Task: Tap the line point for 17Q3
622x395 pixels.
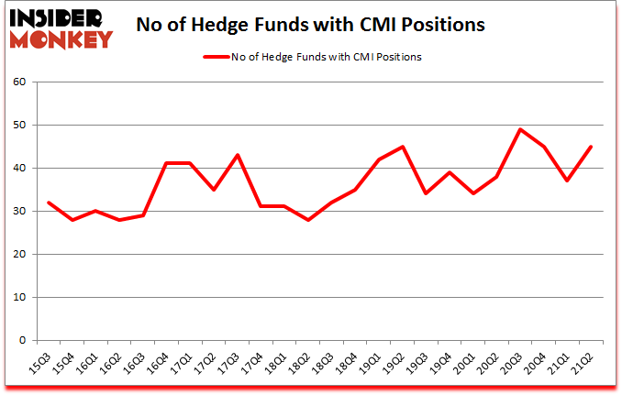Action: coord(237,155)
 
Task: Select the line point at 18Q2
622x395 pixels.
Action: coord(308,220)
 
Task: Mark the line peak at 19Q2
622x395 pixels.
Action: coord(403,147)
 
